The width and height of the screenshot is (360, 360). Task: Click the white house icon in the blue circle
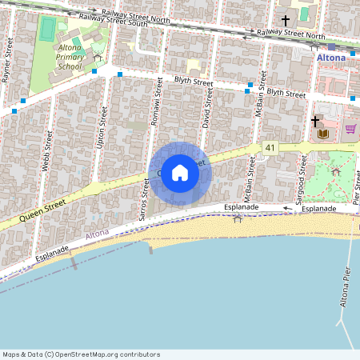coord(180,173)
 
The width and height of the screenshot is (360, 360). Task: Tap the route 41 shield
coord(271,148)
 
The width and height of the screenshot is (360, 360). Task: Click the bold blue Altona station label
coord(330,58)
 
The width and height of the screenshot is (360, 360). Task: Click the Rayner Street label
coord(7,62)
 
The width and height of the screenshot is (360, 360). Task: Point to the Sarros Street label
coord(145,200)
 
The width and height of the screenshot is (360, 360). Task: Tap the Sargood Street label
coord(302,175)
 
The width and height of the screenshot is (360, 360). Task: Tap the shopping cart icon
coord(350,128)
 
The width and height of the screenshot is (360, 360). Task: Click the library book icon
coord(323,133)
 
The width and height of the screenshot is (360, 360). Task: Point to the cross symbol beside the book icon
coord(315,121)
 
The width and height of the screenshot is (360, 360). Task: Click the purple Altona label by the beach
coord(97,234)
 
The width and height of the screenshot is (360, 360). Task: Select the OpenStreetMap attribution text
coord(81,354)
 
